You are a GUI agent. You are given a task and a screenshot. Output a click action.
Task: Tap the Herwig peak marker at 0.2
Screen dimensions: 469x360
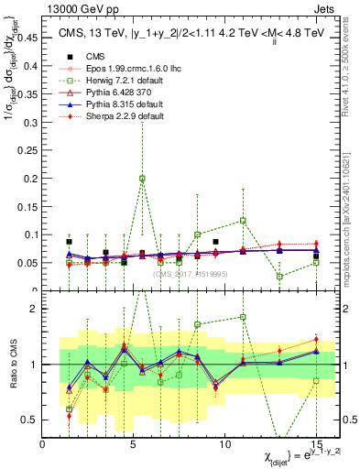(x=142, y=179)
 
